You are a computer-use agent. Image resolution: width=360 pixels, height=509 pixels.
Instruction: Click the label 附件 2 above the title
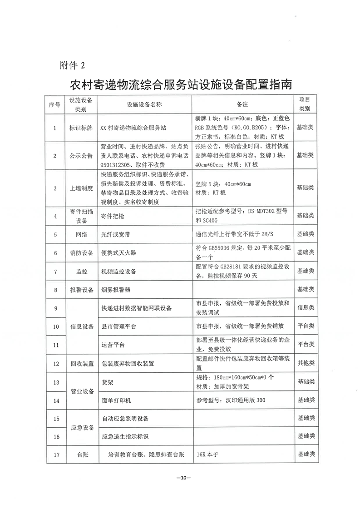tap(72, 65)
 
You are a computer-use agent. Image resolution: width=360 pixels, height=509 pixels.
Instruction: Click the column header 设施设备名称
tap(144, 104)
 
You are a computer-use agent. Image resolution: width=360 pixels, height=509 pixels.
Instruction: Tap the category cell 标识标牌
tap(81, 128)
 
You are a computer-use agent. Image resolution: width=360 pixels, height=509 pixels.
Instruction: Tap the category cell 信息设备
tap(81, 326)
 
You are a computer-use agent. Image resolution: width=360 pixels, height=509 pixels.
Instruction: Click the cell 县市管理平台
tap(119, 326)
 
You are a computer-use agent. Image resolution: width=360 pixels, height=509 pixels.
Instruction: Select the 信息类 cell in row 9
tap(305, 307)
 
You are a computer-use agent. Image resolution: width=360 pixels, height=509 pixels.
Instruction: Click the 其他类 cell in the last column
tap(305, 363)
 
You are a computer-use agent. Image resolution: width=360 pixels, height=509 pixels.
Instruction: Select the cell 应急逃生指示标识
tap(125, 436)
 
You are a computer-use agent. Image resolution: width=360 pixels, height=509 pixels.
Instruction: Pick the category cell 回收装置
tap(81, 363)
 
